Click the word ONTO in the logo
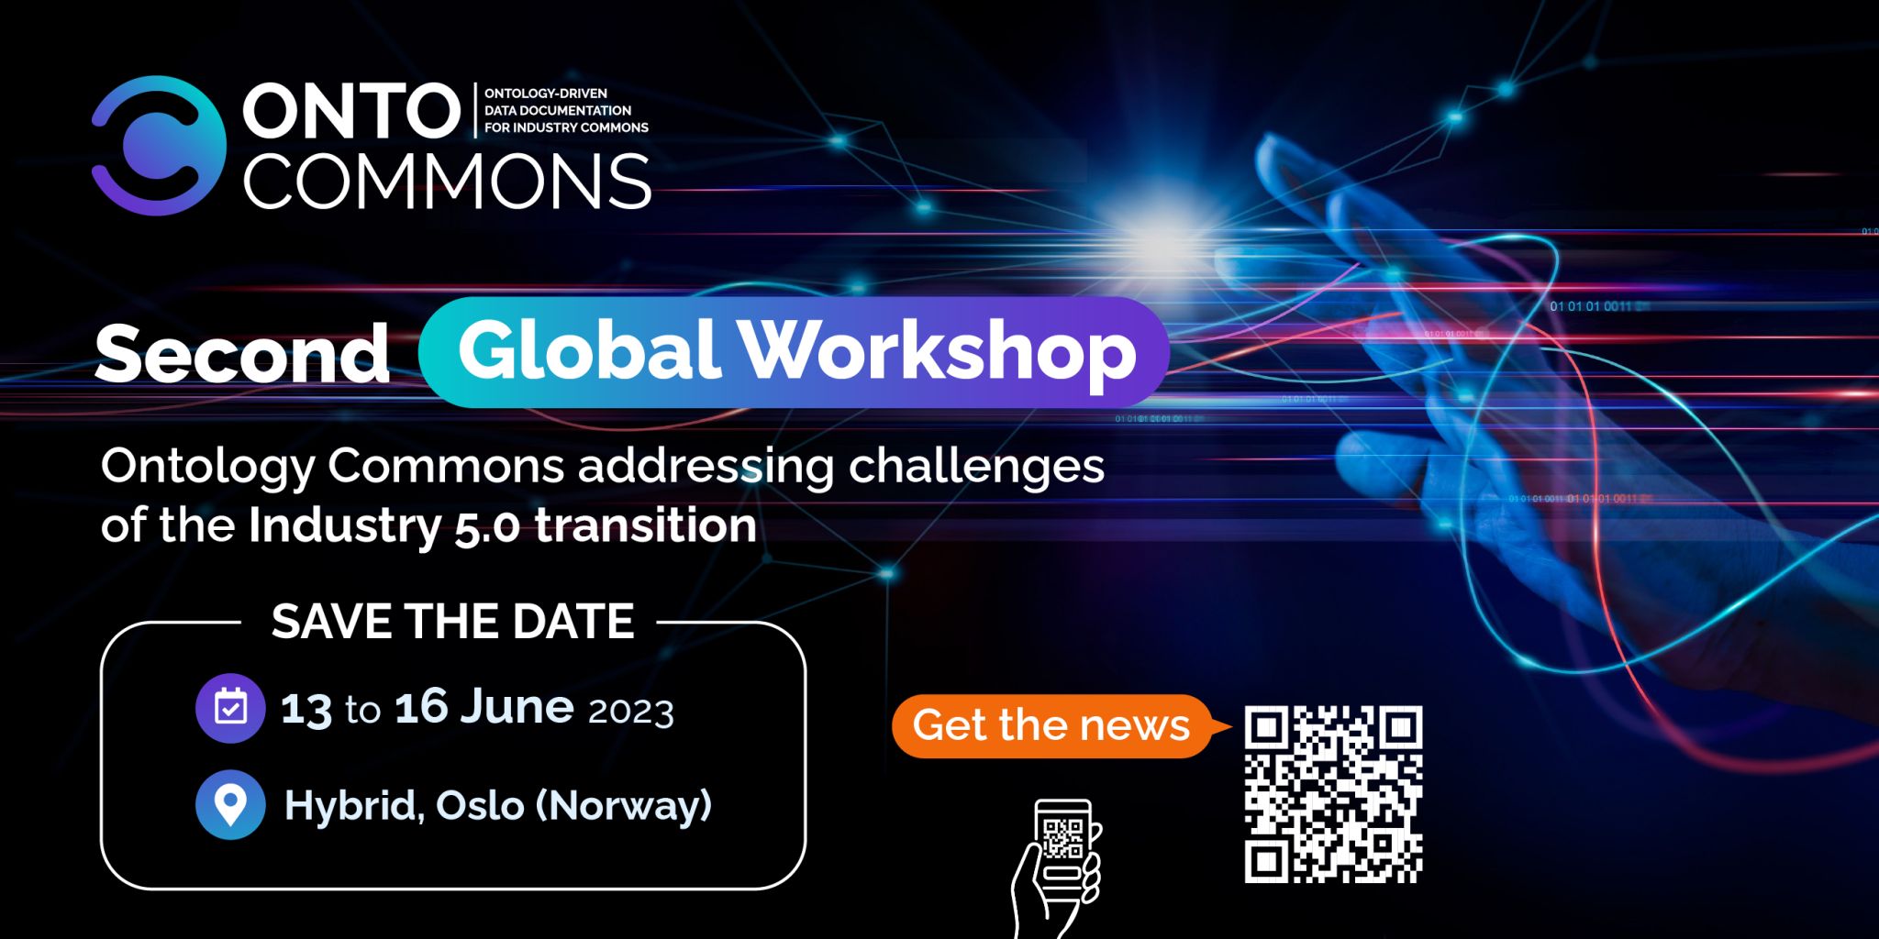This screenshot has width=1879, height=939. pyautogui.click(x=351, y=111)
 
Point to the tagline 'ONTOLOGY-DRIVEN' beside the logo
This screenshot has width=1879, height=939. pyautogui.click(x=546, y=93)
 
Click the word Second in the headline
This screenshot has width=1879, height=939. pyautogui.click(x=242, y=353)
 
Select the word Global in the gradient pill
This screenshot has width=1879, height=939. pyautogui.click(x=587, y=349)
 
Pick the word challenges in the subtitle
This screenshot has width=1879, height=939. pyautogui.click(x=976, y=467)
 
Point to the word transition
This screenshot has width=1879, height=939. pyautogui.click(x=646, y=525)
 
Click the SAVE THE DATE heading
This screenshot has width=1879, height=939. pyautogui.click(x=452, y=621)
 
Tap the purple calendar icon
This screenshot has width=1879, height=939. pyautogui.click(x=230, y=708)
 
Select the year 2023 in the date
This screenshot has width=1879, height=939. pyautogui.click(x=631, y=712)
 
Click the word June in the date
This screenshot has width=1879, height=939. pyautogui.click(x=517, y=706)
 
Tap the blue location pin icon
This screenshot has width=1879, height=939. pyautogui.click(x=230, y=804)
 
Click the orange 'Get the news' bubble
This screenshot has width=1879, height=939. pyautogui.click(x=1051, y=725)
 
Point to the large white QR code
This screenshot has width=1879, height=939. pyautogui.click(x=1333, y=794)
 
